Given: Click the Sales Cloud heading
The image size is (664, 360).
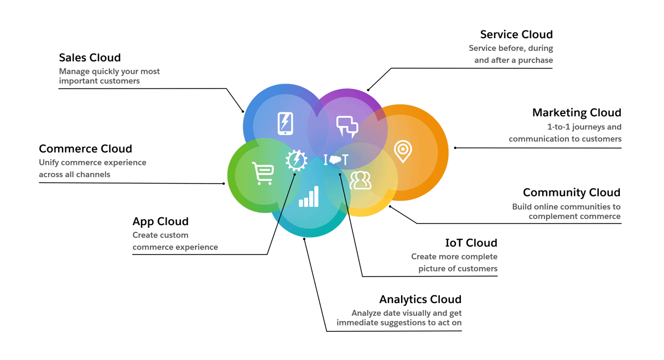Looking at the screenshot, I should [x=90, y=58].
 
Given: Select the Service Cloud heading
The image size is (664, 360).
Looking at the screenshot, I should [x=516, y=35].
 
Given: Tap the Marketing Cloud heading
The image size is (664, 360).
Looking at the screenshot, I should [x=577, y=113].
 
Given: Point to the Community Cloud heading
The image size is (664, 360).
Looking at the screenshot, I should [x=572, y=192].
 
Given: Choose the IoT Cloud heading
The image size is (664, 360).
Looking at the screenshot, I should [x=471, y=243].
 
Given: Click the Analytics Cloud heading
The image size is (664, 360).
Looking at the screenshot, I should [x=420, y=300].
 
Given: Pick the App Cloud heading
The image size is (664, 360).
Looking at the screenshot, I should [x=160, y=222].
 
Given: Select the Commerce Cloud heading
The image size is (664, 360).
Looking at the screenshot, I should [x=85, y=149].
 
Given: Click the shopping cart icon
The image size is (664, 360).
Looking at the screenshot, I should [x=262, y=173].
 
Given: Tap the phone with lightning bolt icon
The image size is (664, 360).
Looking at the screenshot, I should [x=285, y=123].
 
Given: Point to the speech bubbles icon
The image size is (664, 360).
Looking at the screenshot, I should [x=347, y=127].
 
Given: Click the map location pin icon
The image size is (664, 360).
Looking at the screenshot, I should [x=403, y=151].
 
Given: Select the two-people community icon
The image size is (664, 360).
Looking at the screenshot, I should [x=360, y=180].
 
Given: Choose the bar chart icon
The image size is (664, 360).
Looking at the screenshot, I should [x=309, y=196].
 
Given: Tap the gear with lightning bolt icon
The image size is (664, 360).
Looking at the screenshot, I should [x=296, y=160].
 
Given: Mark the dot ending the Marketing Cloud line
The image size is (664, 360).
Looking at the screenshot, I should [x=455, y=148].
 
